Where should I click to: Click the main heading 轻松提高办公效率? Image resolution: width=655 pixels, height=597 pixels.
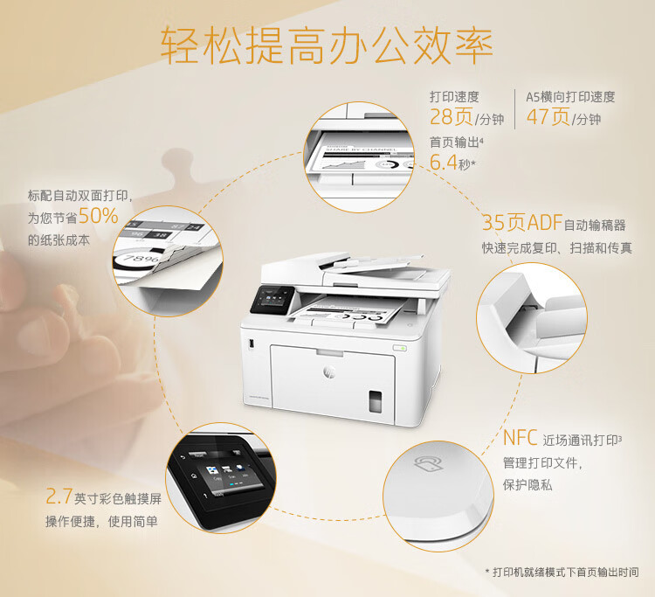tap(327, 45)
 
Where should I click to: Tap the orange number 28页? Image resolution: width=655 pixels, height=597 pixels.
tap(452, 116)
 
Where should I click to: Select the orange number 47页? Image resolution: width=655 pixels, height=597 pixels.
tap(548, 116)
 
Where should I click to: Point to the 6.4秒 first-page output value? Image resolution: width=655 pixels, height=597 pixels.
tap(452, 163)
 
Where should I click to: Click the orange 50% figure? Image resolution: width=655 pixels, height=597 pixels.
tap(98, 216)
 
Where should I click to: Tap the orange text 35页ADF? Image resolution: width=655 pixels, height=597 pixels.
tap(522, 222)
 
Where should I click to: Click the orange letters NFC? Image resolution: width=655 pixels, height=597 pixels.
tap(521, 438)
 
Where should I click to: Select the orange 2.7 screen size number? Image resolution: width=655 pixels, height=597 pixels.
tap(59, 496)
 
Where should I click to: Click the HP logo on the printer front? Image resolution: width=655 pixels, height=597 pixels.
tap(328, 371)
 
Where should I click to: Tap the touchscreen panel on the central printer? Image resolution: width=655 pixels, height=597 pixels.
tap(272, 300)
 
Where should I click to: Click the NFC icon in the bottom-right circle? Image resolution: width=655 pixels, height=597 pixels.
tap(428, 463)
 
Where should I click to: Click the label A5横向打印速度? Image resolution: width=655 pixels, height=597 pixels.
tap(570, 97)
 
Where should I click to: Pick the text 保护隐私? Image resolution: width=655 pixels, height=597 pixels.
tap(527, 485)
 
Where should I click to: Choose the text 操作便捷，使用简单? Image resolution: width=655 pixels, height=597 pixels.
tap(101, 521)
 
